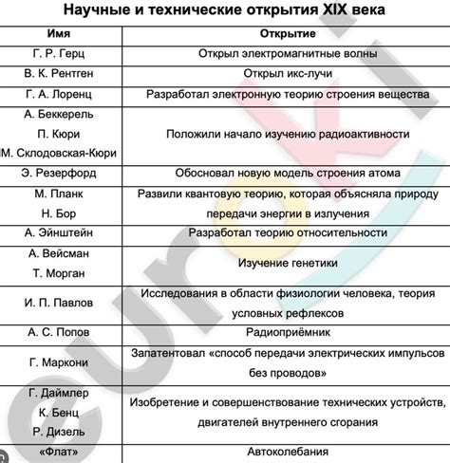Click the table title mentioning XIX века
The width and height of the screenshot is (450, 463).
click(224, 13)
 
